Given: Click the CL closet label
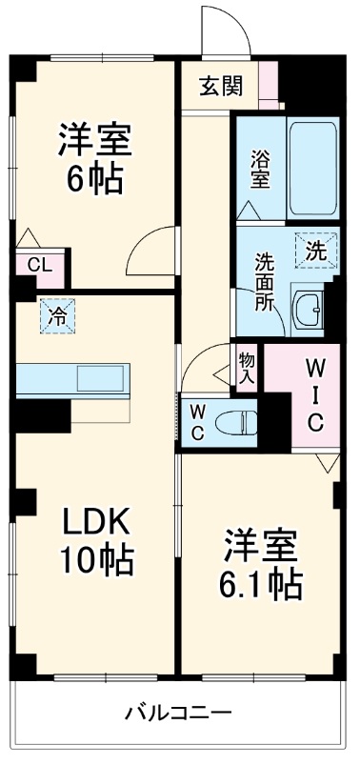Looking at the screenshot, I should coord(40,265).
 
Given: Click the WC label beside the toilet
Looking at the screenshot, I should coord(198,418).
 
